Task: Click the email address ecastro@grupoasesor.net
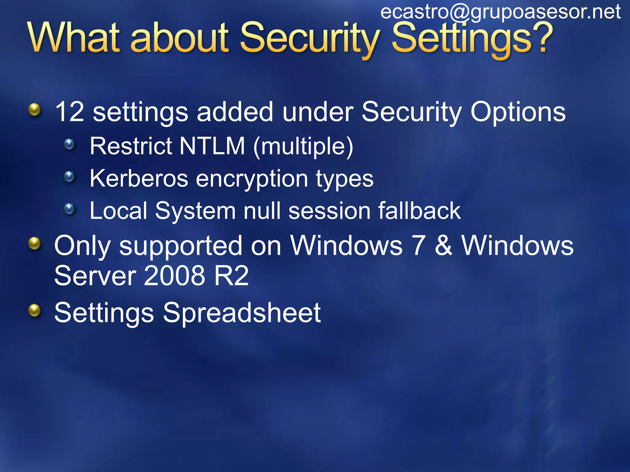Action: pos(500,12)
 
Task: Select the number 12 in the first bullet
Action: pos(70,112)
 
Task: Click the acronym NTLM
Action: pos(212,146)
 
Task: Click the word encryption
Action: pos(252,179)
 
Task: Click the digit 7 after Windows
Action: pos(419,246)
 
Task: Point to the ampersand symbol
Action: pos(444,246)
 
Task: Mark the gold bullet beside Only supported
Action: pos(34,244)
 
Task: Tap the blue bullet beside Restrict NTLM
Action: pos(70,144)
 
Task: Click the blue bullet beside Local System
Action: pos(70,209)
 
